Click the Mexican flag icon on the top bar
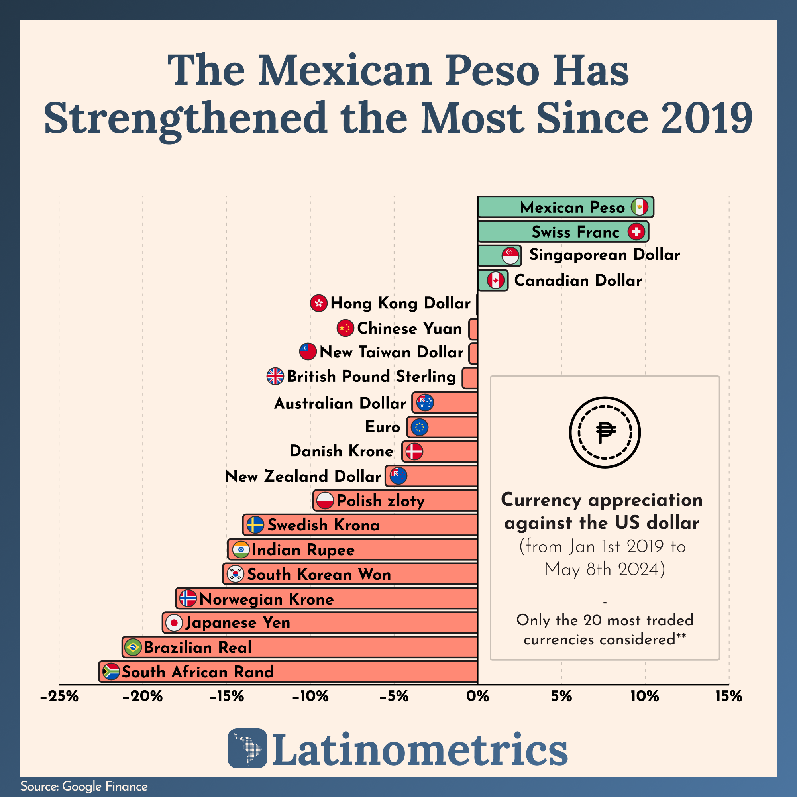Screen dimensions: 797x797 (x=640, y=207)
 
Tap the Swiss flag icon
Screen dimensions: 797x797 (x=636, y=232)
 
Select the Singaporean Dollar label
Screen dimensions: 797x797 (x=605, y=255)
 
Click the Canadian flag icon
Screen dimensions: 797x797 (x=495, y=281)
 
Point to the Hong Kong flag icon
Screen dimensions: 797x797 (x=318, y=303)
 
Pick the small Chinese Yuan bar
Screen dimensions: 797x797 (x=473, y=329)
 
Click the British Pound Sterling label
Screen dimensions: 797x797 (x=371, y=376)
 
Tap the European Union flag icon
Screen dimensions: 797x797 (x=420, y=427)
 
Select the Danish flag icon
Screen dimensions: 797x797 (x=414, y=452)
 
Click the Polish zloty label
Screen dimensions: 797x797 (x=380, y=501)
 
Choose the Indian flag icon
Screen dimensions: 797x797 (x=241, y=550)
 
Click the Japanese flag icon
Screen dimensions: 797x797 (x=174, y=623)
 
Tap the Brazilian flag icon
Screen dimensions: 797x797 (x=133, y=647)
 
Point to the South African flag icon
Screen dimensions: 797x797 (x=110, y=671)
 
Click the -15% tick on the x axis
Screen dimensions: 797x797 (x=226, y=697)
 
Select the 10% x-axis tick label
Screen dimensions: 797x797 (x=644, y=697)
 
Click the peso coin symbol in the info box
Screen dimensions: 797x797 (x=605, y=432)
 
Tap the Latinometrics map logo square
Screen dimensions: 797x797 (x=247, y=748)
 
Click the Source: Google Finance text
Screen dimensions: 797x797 (x=84, y=786)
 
